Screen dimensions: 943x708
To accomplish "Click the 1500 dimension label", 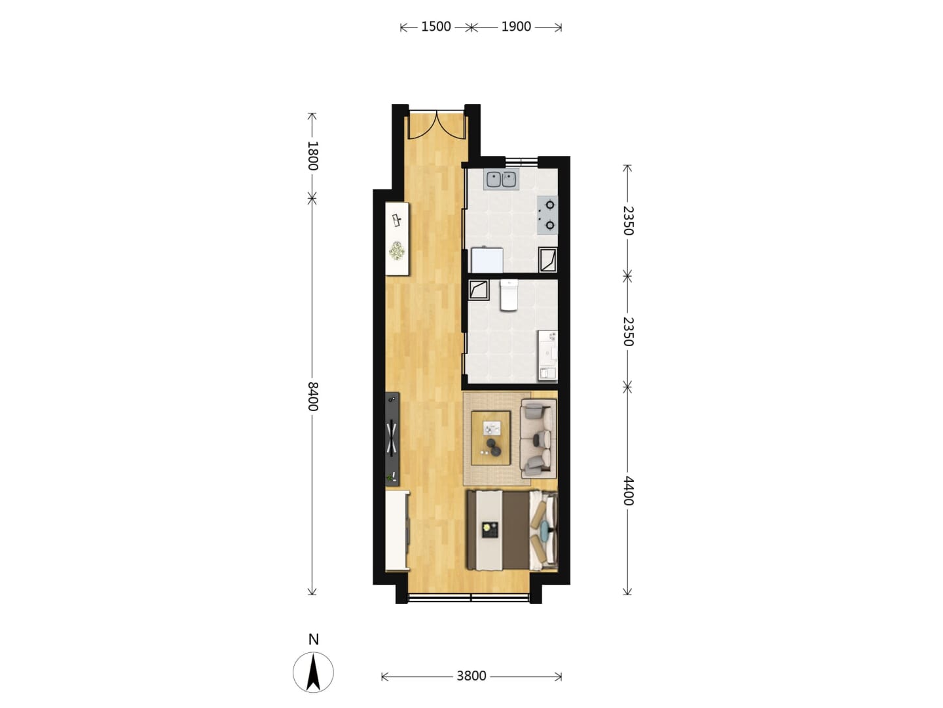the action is [435, 27].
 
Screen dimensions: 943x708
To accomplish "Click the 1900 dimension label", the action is [516, 27].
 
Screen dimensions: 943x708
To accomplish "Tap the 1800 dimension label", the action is [312, 155].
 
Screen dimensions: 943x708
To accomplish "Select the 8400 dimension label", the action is [312, 397].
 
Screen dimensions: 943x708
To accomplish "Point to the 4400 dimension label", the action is [627, 490].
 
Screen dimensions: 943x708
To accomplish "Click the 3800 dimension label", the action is [471, 676].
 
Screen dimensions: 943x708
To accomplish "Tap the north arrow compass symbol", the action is [313, 673].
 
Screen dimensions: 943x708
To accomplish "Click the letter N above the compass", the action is [314, 640].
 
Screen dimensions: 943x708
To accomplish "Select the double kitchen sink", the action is [502, 179].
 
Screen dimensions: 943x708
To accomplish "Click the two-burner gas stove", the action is [547, 215].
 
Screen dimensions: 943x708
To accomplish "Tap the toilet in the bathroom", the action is [509, 295].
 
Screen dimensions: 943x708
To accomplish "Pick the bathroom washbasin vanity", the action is [548, 356].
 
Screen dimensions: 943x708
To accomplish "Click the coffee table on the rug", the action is [491, 438].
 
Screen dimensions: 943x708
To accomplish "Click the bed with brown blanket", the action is [513, 531].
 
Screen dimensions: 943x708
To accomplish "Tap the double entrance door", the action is [437, 125].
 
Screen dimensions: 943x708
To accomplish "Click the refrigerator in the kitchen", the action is [487, 260].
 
